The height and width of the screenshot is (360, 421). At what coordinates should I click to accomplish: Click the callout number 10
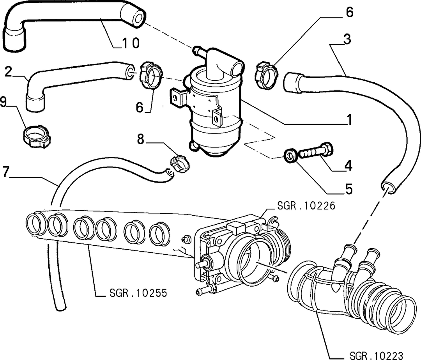(131, 43)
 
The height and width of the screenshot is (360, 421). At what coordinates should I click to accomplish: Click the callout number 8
(141, 139)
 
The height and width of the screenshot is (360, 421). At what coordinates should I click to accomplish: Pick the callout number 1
(349, 119)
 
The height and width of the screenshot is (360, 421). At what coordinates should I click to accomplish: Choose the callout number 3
(347, 39)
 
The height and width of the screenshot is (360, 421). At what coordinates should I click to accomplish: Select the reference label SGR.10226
(306, 206)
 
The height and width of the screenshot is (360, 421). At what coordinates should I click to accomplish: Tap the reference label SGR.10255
(138, 293)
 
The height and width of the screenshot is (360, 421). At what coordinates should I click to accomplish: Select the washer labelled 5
(290, 156)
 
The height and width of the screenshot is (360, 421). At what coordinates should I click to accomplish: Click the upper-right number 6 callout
(349, 12)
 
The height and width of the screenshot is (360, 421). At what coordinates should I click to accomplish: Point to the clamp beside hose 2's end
(151, 74)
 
